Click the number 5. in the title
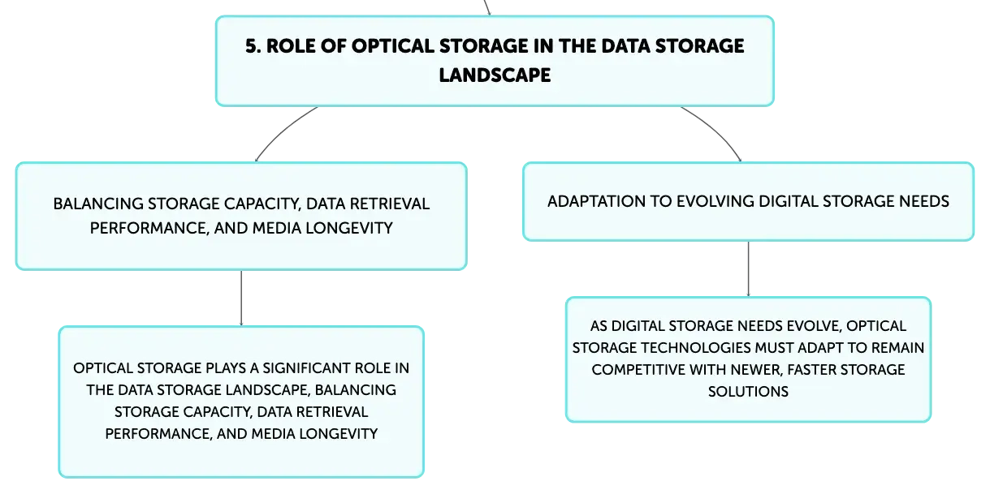253,46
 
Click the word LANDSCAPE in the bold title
495,75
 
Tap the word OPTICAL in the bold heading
392,46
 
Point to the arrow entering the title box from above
487,7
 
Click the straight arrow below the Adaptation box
748,269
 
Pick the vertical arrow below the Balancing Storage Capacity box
241,299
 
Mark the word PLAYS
226,368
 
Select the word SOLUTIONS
748,392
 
